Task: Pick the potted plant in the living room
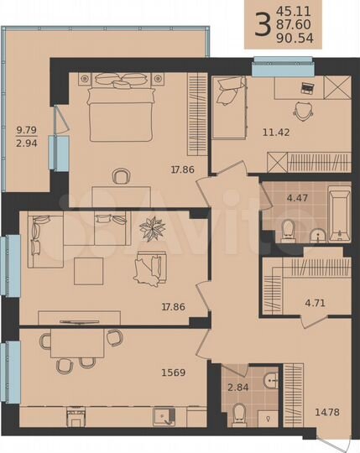click(154, 227)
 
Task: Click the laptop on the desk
click(305, 86)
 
